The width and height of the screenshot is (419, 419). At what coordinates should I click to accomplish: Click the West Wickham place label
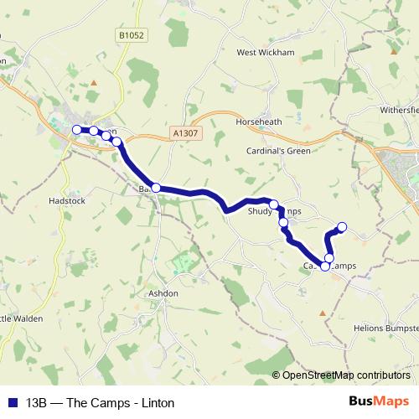pyautogui.click(x=266, y=52)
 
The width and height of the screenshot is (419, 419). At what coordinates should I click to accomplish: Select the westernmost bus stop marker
pyautogui.click(x=77, y=130)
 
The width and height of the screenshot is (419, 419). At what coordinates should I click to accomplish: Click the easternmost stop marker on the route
pyautogui.click(x=342, y=227)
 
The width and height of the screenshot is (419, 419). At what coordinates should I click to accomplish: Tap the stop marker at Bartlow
pyautogui.click(x=156, y=188)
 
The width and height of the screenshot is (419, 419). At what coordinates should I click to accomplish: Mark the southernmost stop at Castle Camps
pyautogui.click(x=325, y=266)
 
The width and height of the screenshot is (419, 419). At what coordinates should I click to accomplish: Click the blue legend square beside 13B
pyautogui.click(x=13, y=402)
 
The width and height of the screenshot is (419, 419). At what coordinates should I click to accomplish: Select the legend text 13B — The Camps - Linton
pyautogui.click(x=100, y=402)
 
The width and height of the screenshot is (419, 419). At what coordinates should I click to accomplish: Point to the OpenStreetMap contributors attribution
pyautogui.click(x=341, y=375)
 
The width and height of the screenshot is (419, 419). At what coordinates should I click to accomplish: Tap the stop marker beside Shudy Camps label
pyautogui.click(x=274, y=204)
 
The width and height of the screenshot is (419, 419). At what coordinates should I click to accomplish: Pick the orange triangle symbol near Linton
pyautogui.click(x=94, y=82)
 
